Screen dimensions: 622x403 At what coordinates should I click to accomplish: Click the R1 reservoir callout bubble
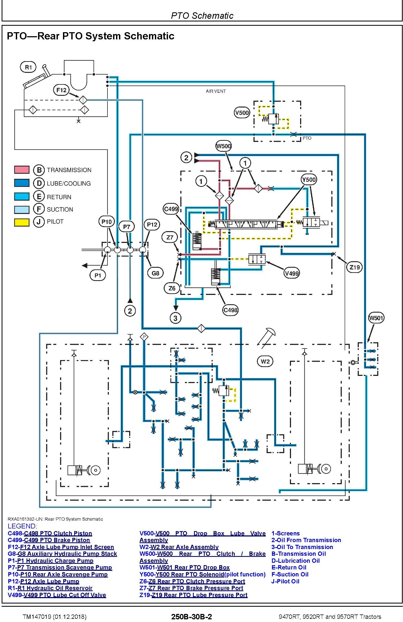point(28,67)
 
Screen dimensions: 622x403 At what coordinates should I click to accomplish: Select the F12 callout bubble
point(61,90)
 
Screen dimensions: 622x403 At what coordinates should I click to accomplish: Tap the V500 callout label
point(242,113)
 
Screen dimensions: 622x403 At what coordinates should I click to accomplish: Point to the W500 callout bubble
point(223,146)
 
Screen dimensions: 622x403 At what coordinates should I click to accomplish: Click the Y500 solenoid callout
point(309,180)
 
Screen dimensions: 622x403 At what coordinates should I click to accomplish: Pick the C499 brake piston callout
point(171,209)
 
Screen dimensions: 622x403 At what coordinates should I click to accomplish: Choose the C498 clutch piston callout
point(230,310)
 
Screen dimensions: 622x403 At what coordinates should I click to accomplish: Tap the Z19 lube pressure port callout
point(355,267)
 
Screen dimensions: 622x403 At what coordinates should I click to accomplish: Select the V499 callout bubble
point(292,273)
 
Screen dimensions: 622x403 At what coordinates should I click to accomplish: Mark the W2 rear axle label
point(265,361)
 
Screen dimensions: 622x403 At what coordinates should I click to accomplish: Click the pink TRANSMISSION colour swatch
point(22,170)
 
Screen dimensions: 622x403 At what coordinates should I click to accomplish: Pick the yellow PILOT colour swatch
point(22,222)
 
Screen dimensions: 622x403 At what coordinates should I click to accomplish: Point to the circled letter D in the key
point(39,183)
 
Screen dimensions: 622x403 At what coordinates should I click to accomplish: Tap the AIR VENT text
point(216,91)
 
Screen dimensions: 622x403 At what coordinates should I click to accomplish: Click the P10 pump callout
point(106,222)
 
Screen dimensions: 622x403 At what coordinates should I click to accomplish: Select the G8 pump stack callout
point(155,273)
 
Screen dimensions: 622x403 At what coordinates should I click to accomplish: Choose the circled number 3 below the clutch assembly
point(176,318)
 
